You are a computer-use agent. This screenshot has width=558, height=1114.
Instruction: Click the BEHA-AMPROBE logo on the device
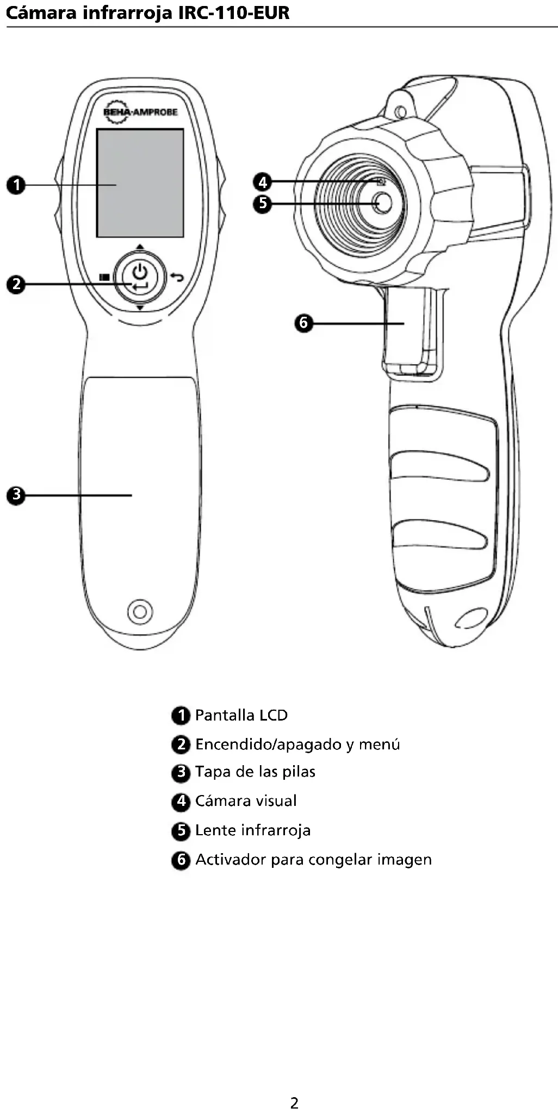[140, 112]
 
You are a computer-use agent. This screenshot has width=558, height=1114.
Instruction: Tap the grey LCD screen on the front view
[140, 183]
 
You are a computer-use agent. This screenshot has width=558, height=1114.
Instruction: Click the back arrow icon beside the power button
[177, 277]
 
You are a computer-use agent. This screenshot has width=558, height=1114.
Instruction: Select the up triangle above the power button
[140, 247]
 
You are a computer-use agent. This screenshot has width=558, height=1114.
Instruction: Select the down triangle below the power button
[140, 308]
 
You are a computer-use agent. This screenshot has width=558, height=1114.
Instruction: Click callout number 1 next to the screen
[16, 185]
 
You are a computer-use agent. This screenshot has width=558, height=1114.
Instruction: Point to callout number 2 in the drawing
[16, 284]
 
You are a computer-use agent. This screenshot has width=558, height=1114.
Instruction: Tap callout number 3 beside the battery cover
[16, 495]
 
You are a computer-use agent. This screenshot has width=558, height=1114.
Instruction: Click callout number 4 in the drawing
[263, 182]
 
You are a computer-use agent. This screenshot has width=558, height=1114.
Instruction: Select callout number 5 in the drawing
[263, 204]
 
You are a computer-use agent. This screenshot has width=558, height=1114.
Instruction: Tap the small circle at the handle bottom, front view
[140, 611]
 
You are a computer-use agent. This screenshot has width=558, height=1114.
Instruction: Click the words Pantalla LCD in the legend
[241, 715]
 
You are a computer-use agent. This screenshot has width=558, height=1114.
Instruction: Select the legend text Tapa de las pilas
[255, 772]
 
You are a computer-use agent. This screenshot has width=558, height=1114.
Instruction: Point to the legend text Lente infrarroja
[253, 830]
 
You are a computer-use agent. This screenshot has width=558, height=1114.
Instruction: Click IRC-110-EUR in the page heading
[234, 12]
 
